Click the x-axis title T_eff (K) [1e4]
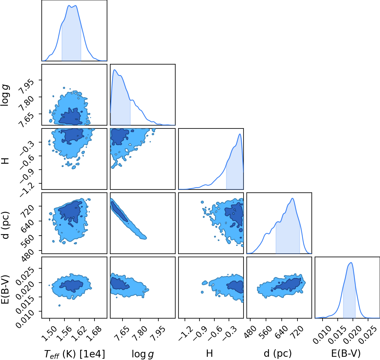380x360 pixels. point(74,354)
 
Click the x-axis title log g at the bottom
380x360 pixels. point(143,354)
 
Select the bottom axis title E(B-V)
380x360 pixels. point(346,353)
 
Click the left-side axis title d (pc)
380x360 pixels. point(6,225)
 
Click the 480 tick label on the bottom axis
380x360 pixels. point(250,332)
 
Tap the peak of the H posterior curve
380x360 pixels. point(240,134)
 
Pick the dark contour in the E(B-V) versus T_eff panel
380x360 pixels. point(71,286)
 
